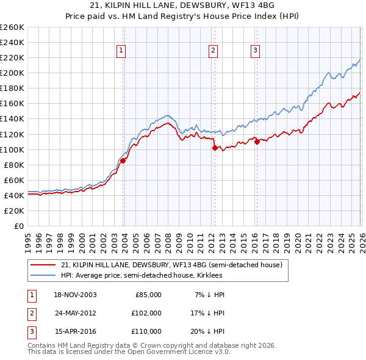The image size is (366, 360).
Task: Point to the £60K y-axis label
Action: (x=14, y=180)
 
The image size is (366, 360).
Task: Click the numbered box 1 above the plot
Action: (x=122, y=51)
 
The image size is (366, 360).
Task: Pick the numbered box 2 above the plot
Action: (x=213, y=51)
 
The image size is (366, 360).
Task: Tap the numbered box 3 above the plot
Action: (x=255, y=51)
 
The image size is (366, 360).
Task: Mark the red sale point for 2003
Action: (x=123, y=160)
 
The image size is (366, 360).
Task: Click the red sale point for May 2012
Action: (x=215, y=148)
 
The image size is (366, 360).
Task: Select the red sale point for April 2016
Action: (x=257, y=142)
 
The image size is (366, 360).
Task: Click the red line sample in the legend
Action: (x=43, y=265)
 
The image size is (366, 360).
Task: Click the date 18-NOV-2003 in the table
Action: (x=75, y=295)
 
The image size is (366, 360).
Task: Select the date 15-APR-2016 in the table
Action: (x=75, y=331)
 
